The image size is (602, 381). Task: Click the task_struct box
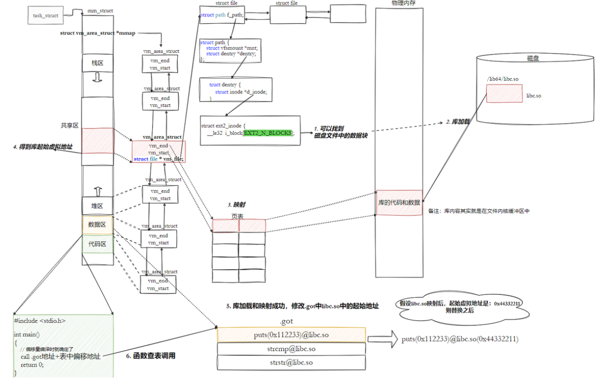pyautogui.click(x=46, y=15)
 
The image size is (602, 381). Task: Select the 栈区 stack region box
pyautogui.click(x=97, y=63)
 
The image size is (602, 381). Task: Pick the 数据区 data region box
pyautogui.click(x=97, y=224)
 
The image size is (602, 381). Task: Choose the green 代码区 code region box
pyautogui.click(x=97, y=243)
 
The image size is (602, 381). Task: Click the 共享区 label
pyautogui.click(x=69, y=126)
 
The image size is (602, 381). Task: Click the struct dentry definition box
pyautogui.click(x=236, y=89)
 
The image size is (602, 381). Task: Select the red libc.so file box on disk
pyautogui.click(x=504, y=94)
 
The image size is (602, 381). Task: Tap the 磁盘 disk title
pyautogui.click(x=533, y=58)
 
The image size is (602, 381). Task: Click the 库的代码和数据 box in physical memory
pyautogui.click(x=399, y=203)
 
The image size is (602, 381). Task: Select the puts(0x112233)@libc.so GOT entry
pyautogui.click(x=291, y=335)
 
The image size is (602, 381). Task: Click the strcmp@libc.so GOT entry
pyautogui.click(x=291, y=349)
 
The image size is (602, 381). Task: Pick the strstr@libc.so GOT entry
pyautogui.click(x=291, y=363)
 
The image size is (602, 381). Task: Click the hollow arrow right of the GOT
pyautogui.click(x=382, y=339)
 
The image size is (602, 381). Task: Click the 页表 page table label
pyautogui.click(x=237, y=216)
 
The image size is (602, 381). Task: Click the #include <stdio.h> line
pyautogui.click(x=40, y=320)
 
